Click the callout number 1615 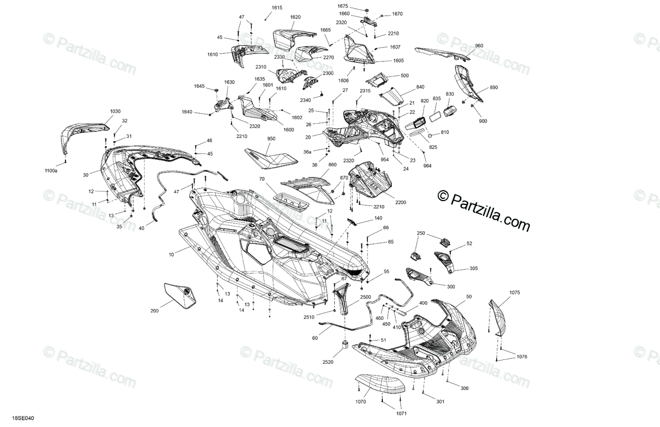(x=277, y=8)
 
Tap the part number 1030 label (x=115, y=112)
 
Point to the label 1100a (x=51, y=171)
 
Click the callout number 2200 (x=400, y=202)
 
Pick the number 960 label (x=479, y=46)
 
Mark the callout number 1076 (x=522, y=357)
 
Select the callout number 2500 (x=366, y=297)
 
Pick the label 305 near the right (x=474, y=269)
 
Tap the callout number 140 (x=378, y=218)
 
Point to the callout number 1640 (x=186, y=112)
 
